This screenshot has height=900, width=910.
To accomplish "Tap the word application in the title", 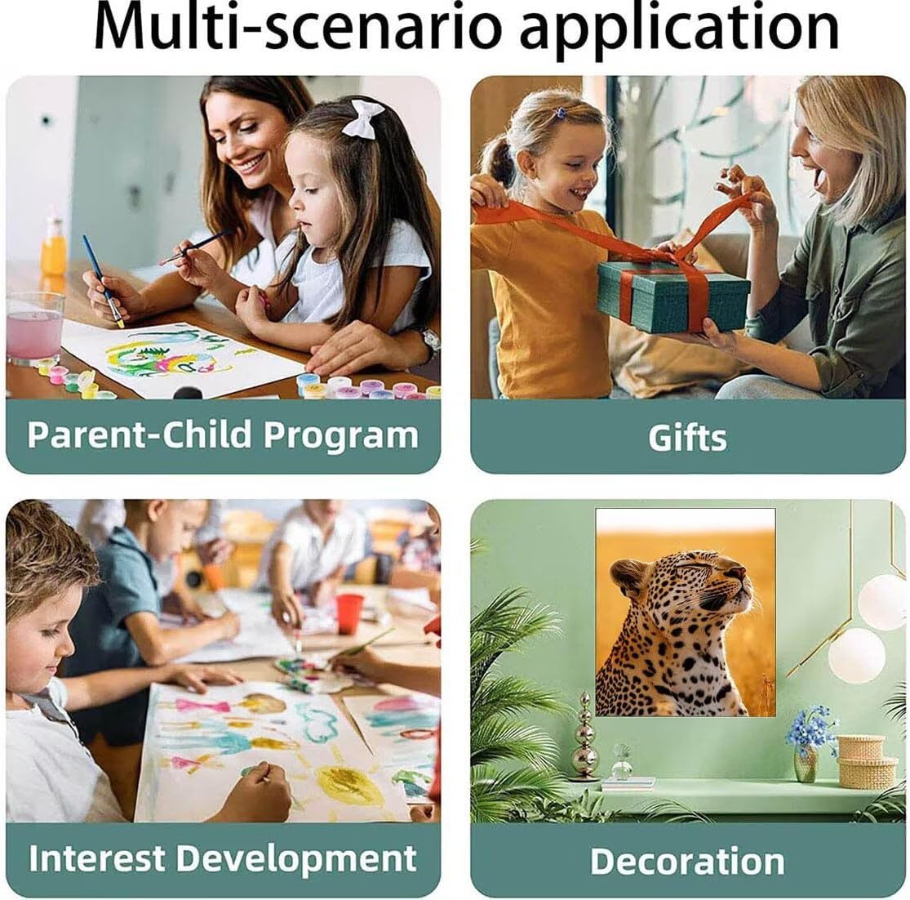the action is click(x=680, y=30).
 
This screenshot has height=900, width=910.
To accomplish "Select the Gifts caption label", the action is click(x=687, y=437).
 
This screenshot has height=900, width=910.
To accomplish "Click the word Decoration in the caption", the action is click(x=687, y=861).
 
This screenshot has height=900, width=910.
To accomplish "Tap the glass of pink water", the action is click(x=35, y=328).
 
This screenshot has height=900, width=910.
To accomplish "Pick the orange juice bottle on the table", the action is click(x=53, y=247).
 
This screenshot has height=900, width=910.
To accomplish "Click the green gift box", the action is click(x=673, y=296).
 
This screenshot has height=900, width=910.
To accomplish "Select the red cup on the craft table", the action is click(x=349, y=613).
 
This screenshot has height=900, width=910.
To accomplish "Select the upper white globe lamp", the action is click(x=883, y=602).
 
